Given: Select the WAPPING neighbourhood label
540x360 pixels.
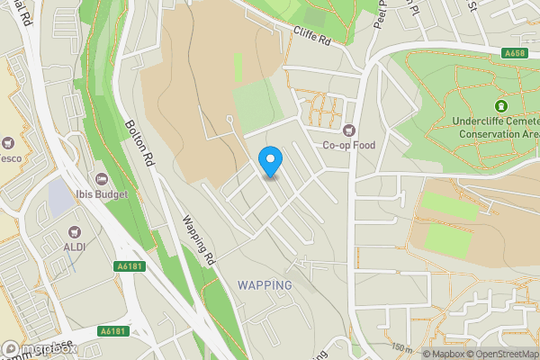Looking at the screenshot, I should [265, 285].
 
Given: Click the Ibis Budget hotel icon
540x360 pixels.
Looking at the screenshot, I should [101, 178].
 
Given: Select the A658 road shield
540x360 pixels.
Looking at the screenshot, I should [515, 53].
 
